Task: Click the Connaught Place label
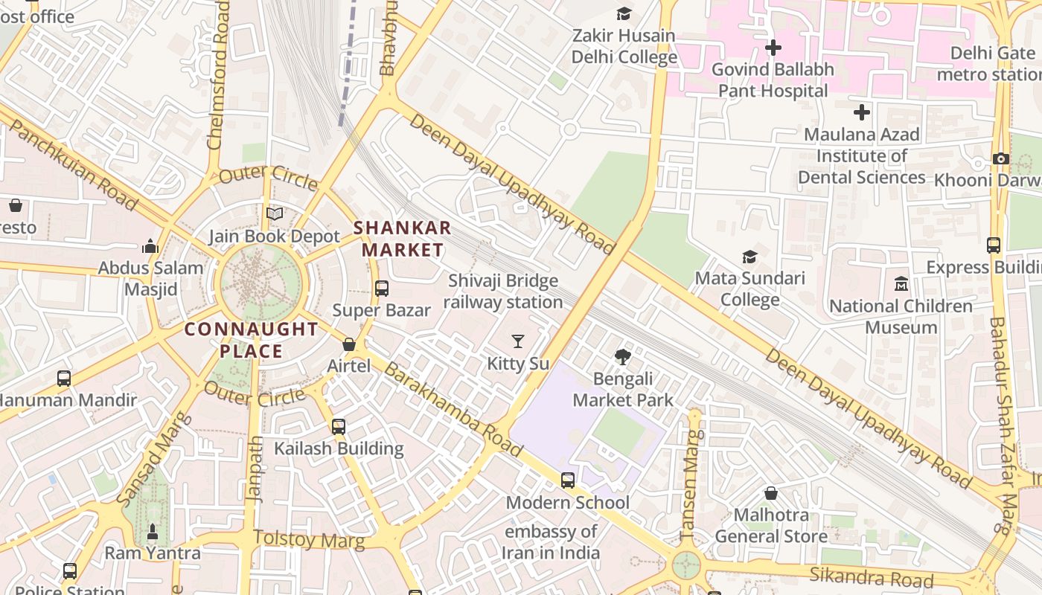pyautogui.click(x=252, y=340)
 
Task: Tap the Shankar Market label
pyautogui.click(x=402, y=239)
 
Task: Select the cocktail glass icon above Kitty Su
pyautogui.click(x=518, y=341)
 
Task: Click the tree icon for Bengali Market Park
pyautogui.click(x=622, y=357)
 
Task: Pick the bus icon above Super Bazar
pyautogui.click(x=382, y=289)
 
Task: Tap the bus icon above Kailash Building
pyautogui.click(x=339, y=427)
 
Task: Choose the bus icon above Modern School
pyautogui.click(x=568, y=480)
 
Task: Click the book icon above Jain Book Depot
pyautogui.click(x=275, y=214)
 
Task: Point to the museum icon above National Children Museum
pyautogui.click(x=901, y=284)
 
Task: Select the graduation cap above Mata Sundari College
pyautogui.click(x=749, y=257)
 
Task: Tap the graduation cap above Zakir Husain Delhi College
pyautogui.click(x=624, y=13)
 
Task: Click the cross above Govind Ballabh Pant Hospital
pyautogui.click(x=773, y=48)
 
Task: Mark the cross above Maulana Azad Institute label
pyautogui.click(x=862, y=112)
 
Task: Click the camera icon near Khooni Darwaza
pyautogui.click(x=1001, y=158)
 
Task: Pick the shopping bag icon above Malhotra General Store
pyautogui.click(x=771, y=493)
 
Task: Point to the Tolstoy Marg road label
pyautogui.click(x=309, y=539)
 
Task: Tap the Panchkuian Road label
pyautogui.click(x=72, y=167)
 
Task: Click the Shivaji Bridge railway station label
pyautogui.click(x=503, y=292)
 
